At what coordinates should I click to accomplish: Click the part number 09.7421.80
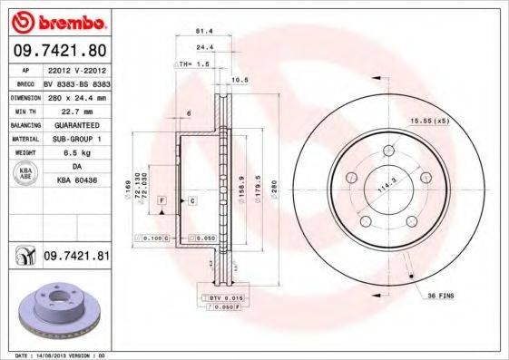point(59,52)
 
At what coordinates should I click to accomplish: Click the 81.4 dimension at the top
point(205,31)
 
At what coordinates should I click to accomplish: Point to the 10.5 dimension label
point(241,81)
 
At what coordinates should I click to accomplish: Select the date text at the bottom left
point(57,355)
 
